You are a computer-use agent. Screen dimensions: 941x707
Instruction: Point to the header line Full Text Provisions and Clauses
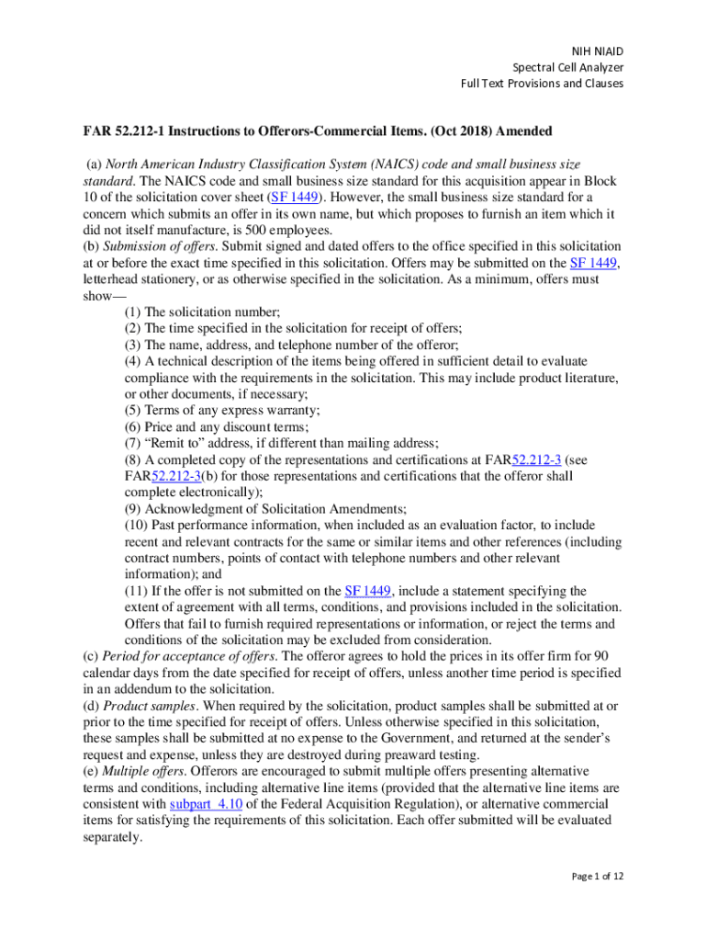click(x=542, y=84)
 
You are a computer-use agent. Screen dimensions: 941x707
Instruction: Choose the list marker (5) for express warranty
click(x=133, y=411)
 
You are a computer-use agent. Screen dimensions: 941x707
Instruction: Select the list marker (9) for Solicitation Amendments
click(x=133, y=509)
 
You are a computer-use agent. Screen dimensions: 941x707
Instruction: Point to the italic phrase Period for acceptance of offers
click(x=176, y=656)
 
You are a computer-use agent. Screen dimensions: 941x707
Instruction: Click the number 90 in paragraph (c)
click(x=600, y=656)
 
